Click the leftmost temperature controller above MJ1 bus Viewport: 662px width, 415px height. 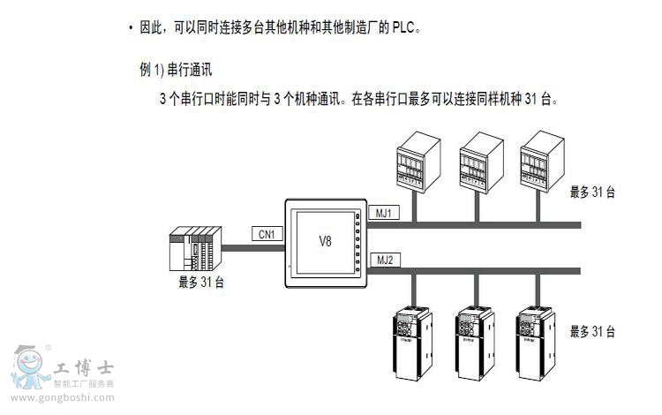click(416, 159)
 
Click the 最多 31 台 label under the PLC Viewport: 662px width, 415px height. click(200, 283)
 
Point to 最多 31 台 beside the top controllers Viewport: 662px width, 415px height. click(591, 192)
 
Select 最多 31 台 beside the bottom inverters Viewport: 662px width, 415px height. click(591, 331)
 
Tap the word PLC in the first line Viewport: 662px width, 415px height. click(402, 27)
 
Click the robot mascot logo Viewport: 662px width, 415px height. click(30, 366)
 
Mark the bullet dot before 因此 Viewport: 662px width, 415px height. click(131, 27)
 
